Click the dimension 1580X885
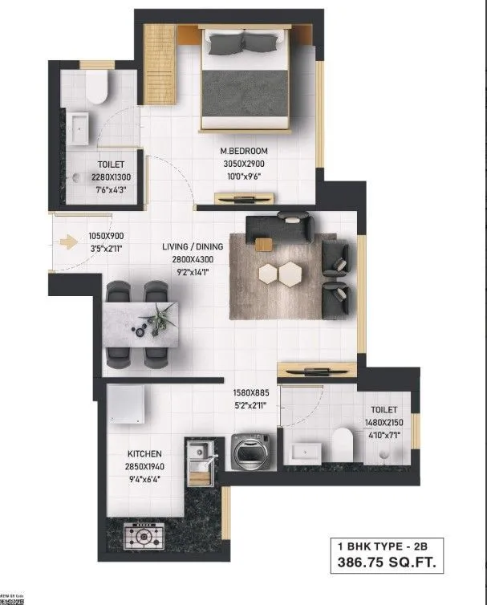(253, 393)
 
